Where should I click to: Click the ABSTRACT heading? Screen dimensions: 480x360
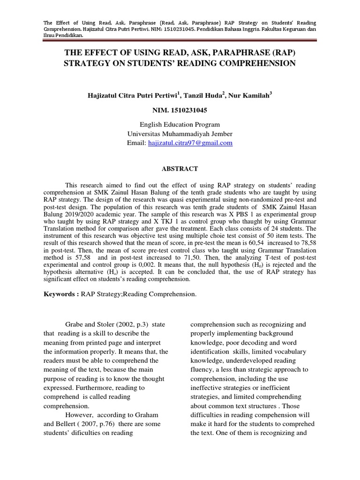click(180, 169)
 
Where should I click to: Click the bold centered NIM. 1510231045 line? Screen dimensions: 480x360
click(180, 111)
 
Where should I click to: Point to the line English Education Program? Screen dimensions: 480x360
click(180, 125)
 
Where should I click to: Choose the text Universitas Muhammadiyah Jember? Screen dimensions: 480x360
click(180, 134)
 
